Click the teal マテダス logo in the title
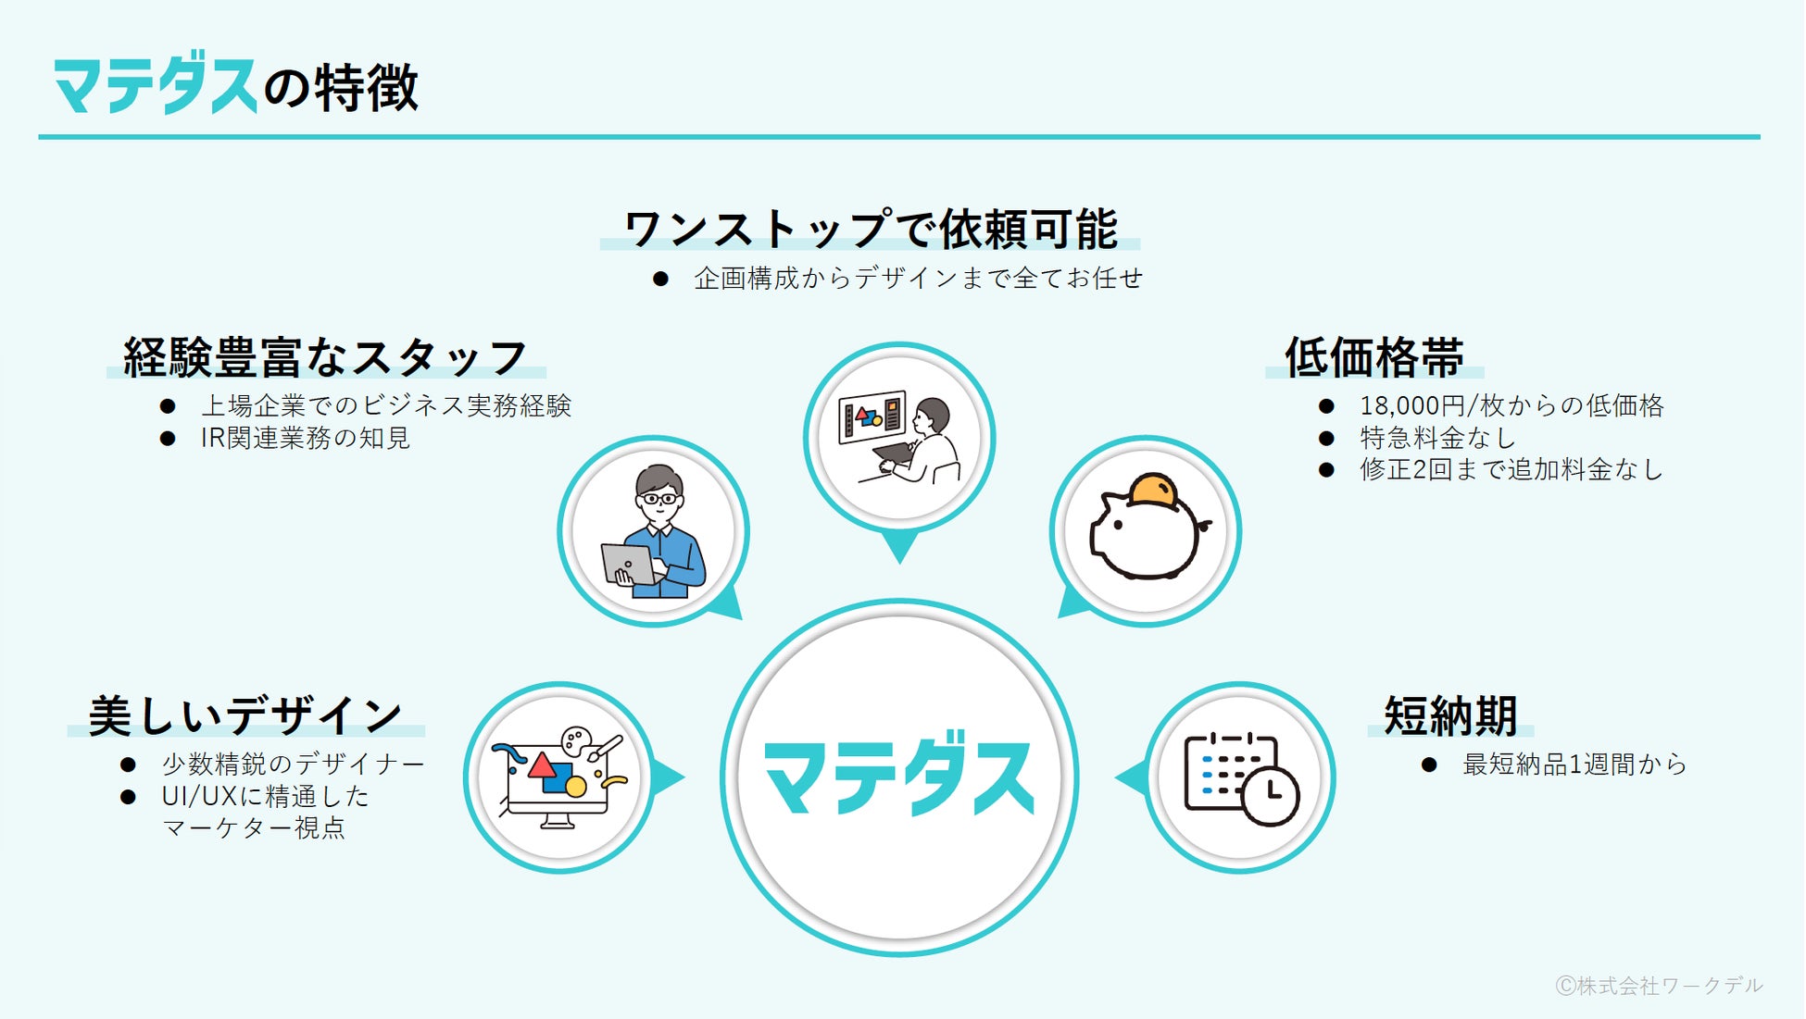154,87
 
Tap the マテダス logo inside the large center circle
898,777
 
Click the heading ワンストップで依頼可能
871,229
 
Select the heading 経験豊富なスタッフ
325,357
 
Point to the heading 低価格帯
1373,357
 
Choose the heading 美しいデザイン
245,715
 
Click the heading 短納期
1450,715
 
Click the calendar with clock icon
1241,777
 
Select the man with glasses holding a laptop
654,532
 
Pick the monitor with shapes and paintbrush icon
559,777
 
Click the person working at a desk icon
899,438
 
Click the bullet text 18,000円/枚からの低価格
1511,405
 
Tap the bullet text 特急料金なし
1436,437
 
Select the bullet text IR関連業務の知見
305,437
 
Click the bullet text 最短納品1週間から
1574,764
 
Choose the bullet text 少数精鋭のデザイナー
293,764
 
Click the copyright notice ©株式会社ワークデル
1659,986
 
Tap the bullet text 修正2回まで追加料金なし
1511,469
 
